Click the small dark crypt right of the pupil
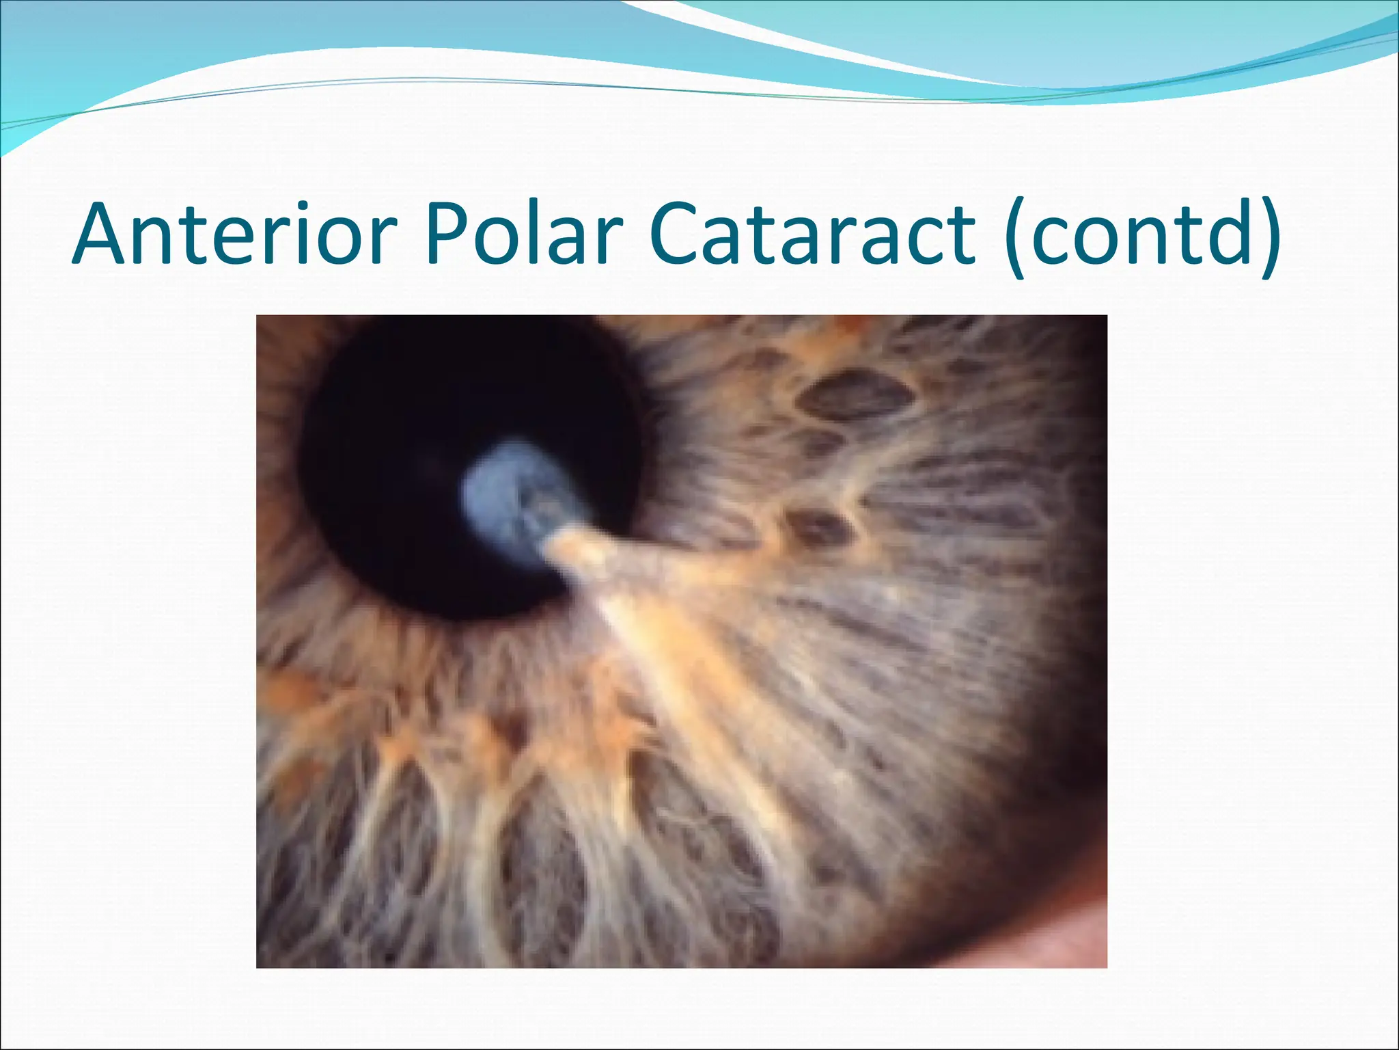[816, 526]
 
